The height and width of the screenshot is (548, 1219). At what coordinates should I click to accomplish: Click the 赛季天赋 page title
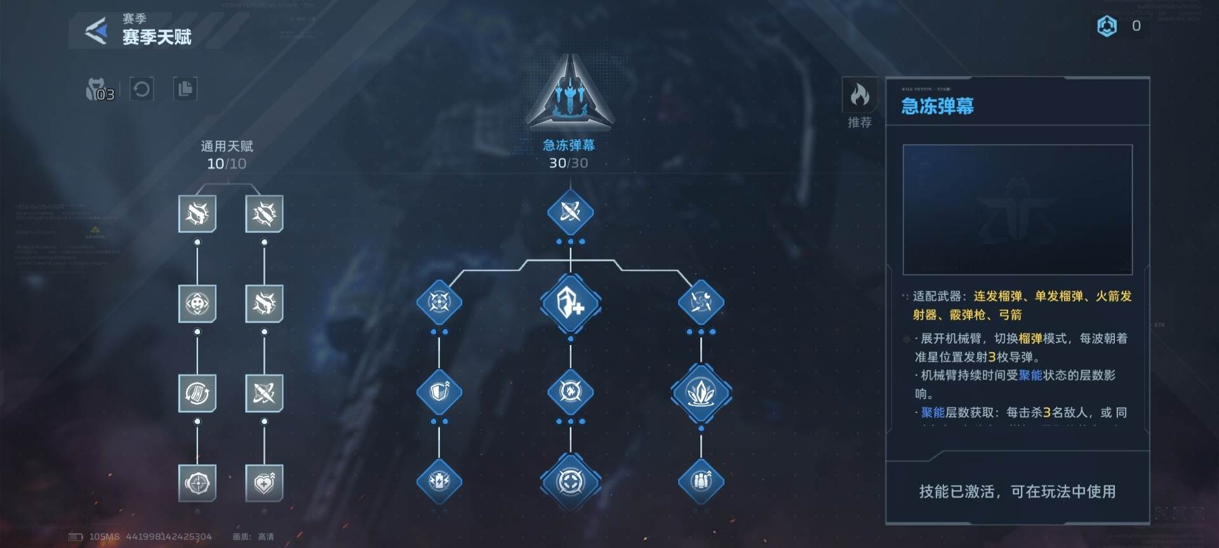click(157, 37)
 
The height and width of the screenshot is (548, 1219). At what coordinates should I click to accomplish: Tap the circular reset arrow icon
click(142, 89)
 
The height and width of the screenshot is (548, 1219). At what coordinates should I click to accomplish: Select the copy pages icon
click(185, 89)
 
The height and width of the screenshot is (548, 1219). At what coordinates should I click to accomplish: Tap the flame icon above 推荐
click(860, 95)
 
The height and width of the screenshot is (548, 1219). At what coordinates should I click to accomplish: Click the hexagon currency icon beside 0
click(1107, 26)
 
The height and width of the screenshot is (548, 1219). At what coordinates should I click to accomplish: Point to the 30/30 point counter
click(568, 163)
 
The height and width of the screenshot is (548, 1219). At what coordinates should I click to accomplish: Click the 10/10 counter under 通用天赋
click(227, 164)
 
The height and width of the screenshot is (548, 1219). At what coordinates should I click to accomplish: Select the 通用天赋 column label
click(227, 147)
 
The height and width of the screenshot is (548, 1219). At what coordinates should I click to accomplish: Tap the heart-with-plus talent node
click(264, 483)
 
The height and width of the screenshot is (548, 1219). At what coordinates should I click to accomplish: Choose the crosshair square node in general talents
click(197, 483)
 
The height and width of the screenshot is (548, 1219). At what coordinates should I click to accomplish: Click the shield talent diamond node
click(439, 392)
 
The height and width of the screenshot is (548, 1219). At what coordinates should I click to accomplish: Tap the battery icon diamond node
click(439, 481)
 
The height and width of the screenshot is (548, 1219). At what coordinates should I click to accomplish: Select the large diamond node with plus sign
click(570, 303)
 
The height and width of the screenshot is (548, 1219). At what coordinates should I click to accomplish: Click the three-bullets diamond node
click(701, 481)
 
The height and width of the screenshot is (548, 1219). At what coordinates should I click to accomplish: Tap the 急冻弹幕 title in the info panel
click(937, 106)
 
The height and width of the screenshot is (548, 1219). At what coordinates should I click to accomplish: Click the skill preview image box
click(1017, 209)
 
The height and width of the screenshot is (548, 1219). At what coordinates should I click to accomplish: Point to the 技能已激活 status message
click(1017, 492)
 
